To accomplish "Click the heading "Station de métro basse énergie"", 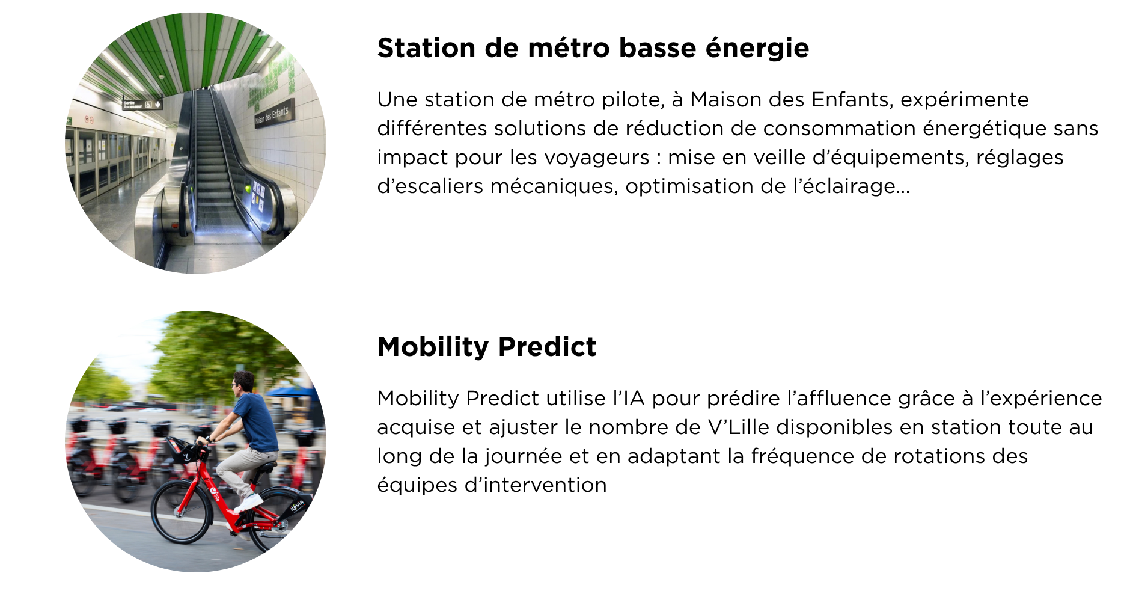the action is point(593,48).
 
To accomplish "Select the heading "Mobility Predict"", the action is point(487,347).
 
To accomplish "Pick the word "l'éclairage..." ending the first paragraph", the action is point(852,186).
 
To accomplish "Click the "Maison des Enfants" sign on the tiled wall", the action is point(274,114).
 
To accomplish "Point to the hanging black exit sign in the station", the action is point(142,104).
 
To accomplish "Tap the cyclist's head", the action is point(243,383).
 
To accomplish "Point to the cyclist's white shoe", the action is point(249,502).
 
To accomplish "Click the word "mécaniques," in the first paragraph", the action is point(554,186).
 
